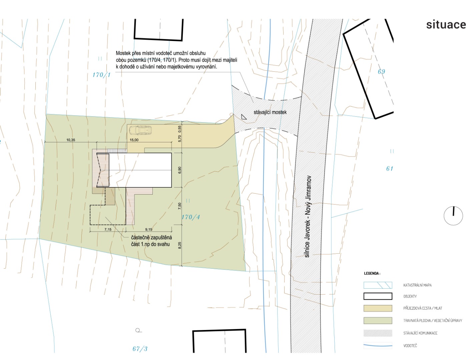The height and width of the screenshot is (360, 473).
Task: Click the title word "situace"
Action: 446,25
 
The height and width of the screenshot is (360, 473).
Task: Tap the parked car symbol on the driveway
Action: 140,130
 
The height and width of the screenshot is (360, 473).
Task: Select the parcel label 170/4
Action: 191,217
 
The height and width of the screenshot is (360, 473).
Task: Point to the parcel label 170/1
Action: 101,75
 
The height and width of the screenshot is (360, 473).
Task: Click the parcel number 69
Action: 381,71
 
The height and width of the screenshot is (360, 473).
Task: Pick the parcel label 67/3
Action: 140,349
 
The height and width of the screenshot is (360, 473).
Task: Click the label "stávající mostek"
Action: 270,112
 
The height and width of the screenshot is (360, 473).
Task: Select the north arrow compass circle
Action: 453,216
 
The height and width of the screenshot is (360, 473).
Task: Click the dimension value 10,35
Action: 71,140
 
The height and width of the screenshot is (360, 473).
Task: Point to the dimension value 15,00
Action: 134,140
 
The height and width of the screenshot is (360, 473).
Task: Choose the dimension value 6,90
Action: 180,170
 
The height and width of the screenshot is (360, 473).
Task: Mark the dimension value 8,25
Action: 180,245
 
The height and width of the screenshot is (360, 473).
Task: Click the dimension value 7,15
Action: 108,230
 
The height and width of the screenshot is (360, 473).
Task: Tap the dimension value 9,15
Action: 149,230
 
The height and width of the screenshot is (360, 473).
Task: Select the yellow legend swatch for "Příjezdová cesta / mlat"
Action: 378,308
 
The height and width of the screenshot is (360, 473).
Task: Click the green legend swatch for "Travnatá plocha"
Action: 378,320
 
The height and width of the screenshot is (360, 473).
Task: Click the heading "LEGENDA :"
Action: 372,273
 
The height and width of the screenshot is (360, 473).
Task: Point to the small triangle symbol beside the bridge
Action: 244,117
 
